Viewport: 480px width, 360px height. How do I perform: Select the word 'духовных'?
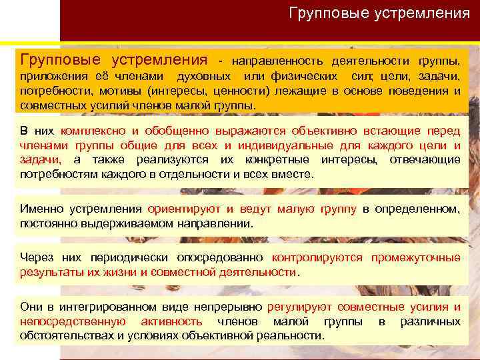click(x=205, y=76)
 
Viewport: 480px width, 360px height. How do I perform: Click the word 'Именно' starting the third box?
click(x=41, y=209)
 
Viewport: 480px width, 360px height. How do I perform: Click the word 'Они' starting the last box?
click(x=32, y=307)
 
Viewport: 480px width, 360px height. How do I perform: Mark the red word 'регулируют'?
click(x=299, y=307)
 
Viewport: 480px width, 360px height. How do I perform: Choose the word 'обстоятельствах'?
click(x=67, y=335)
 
